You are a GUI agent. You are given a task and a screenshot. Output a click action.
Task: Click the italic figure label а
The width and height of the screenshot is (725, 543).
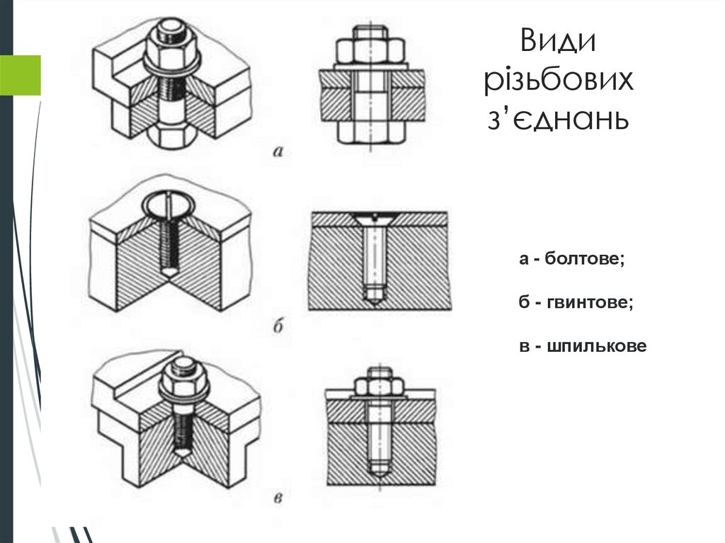point(278,150)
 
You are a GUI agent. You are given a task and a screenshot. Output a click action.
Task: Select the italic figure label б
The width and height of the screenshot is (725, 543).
point(278,326)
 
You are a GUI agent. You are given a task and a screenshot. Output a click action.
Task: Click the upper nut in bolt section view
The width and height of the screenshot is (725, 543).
point(370,51)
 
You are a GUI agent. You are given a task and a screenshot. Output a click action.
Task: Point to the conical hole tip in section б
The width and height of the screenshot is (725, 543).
point(371,298)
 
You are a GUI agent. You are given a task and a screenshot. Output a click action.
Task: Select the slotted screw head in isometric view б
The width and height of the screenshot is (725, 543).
point(169,207)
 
